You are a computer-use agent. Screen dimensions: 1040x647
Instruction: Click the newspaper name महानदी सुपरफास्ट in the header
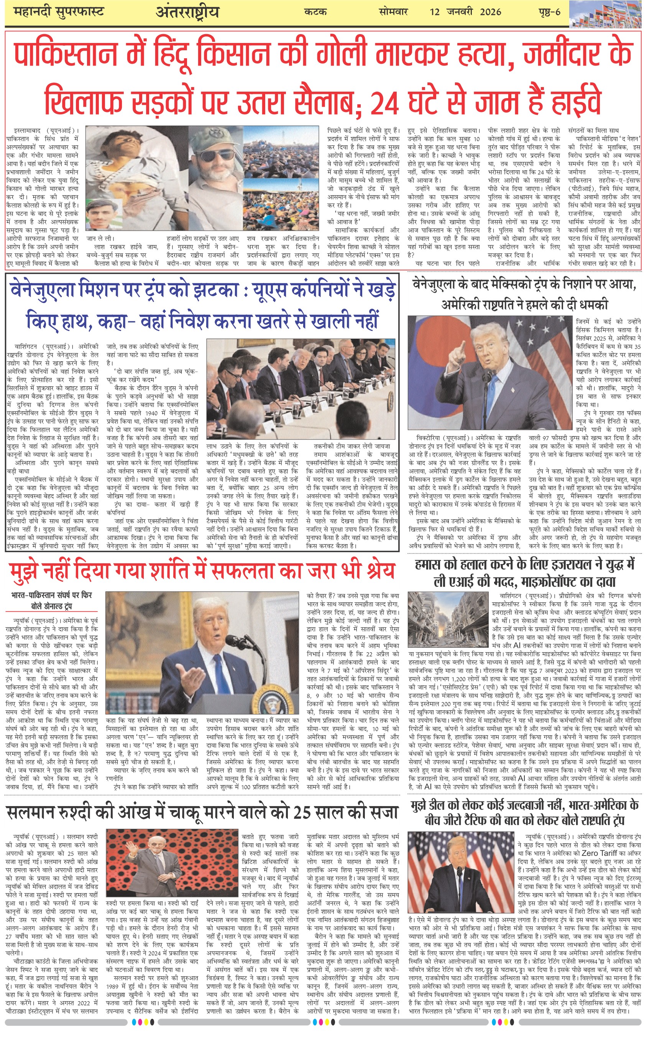pos(58,12)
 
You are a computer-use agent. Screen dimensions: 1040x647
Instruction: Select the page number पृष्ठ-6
pos(549,12)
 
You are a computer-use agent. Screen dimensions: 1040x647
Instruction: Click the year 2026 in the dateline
pos(490,12)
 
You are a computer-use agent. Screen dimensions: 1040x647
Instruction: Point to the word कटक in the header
pos(316,12)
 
